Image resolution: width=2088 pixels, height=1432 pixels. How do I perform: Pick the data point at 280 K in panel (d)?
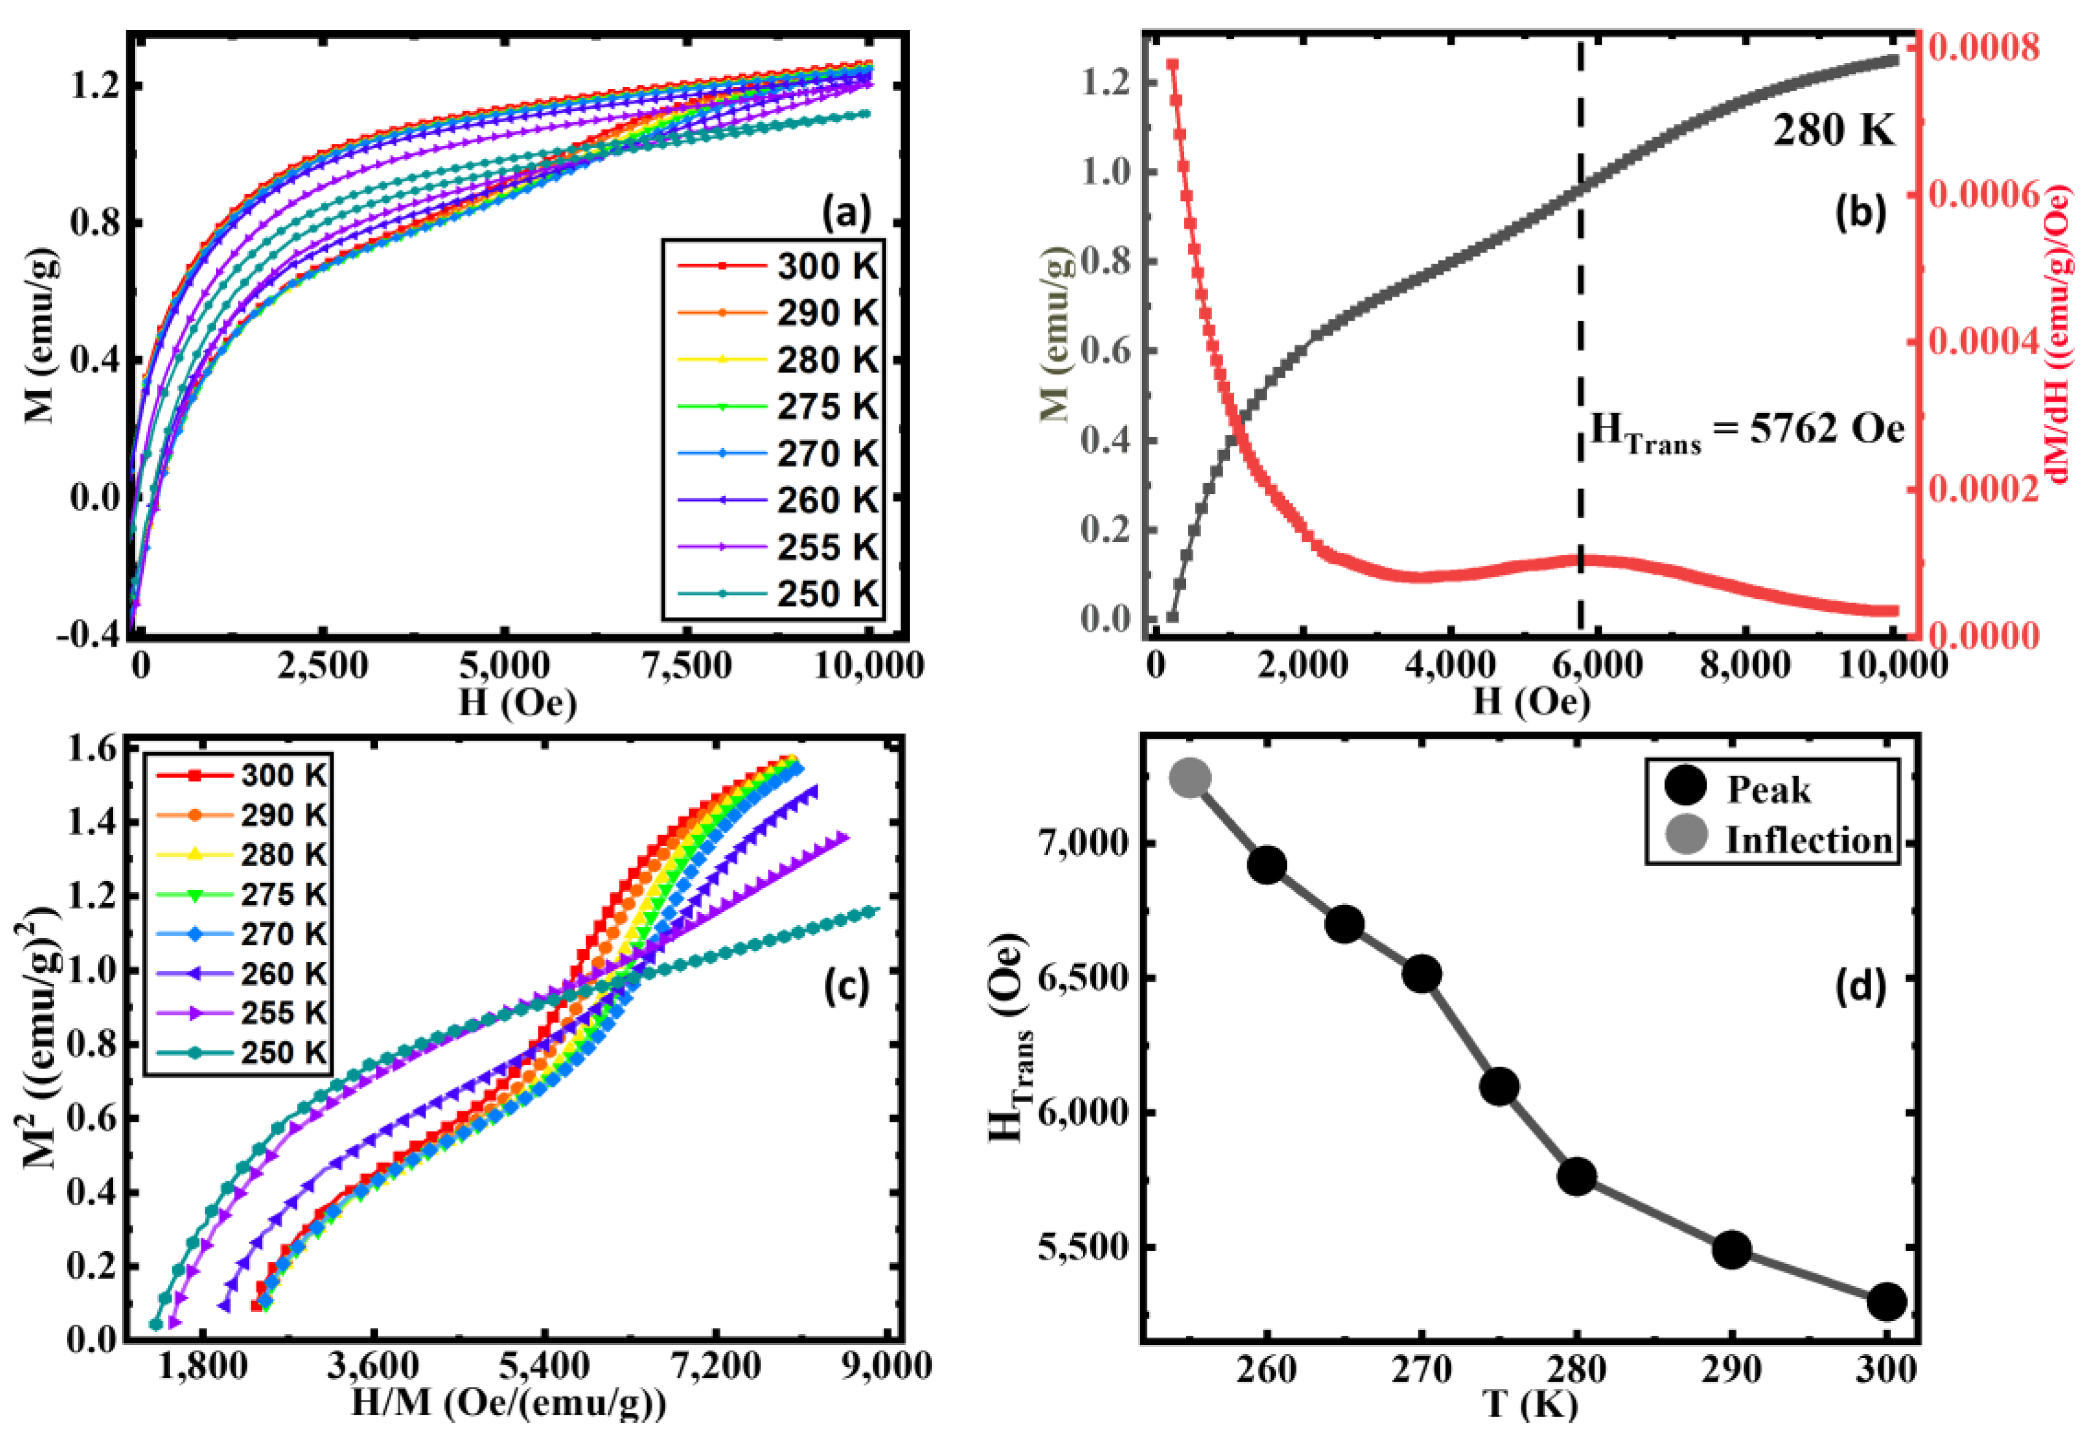pos(1577,1178)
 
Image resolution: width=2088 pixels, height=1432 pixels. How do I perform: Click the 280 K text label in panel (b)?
pos(1833,132)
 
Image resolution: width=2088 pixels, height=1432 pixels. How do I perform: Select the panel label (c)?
pos(846,986)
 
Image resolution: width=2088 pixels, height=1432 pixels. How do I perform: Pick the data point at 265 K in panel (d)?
pos(1345,924)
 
